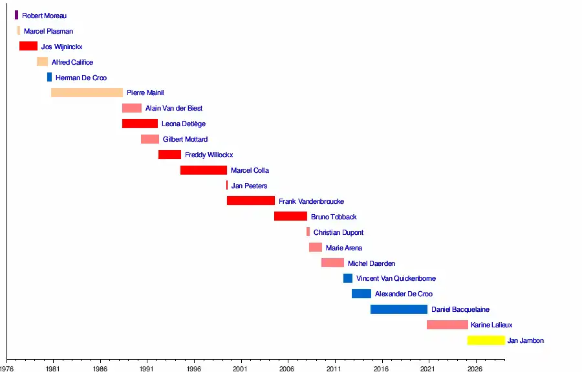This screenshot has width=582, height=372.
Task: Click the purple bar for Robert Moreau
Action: point(17,15)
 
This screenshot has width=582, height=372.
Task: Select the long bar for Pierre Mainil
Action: point(87,93)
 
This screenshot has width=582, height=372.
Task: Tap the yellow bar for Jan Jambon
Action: point(486,340)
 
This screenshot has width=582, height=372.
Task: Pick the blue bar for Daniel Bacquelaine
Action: point(399,309)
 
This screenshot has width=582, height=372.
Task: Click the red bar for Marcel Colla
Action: point(204,170)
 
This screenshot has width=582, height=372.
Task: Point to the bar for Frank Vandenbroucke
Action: point(251,201)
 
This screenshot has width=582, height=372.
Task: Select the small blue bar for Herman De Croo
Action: point(49,77)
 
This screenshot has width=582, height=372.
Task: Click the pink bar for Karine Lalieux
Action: point(447,325)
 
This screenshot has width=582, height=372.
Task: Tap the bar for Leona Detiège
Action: point(140,124)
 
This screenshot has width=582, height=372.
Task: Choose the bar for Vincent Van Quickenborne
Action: point(348,278)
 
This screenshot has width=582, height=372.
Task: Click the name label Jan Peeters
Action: point(249,186)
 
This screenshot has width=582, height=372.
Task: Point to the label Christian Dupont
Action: point(338,232)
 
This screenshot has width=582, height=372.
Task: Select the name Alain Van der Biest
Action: point(174,109)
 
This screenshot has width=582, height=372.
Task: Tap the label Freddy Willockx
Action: point(209,155)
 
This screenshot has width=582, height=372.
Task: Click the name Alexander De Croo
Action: point(404,294)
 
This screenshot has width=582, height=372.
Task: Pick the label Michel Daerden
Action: point(371,263)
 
